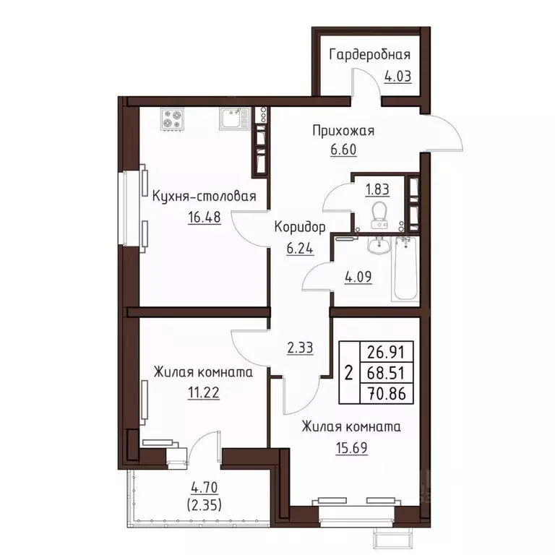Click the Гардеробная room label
coord(370,55)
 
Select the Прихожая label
coord(343,131)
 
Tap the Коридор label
coord(300,227)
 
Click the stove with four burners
coord(173,119)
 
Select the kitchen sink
coord(233,119)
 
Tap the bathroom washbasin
coord(376,246)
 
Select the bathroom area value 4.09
coord(358,276)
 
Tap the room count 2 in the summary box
coord(348,374)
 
